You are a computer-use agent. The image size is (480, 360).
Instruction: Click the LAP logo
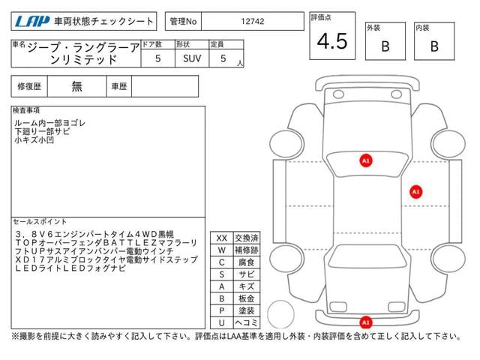point(32,22)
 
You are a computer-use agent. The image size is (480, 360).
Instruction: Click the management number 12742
point(253,22)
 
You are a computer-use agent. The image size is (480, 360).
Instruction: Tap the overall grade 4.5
point(332,41)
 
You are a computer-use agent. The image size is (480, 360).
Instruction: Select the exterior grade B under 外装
point(385,46)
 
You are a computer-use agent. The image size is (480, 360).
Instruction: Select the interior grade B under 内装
point(434,46)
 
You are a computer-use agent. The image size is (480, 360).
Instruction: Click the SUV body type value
point(192,58)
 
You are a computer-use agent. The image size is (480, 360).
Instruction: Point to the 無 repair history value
point(76,86)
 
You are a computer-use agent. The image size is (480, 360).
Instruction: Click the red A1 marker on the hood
point(366,160)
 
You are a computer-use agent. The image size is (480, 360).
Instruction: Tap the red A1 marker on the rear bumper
point(366,322)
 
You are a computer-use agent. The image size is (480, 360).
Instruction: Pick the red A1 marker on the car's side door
point(415,192)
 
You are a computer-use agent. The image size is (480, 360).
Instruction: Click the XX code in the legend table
point(222,238)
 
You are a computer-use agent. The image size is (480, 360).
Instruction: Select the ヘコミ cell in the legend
point(247,322)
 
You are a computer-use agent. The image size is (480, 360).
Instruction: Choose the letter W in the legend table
point(222,250)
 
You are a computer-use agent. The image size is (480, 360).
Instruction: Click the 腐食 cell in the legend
point(247,262)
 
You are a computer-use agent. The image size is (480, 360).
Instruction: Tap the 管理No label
point(183,22)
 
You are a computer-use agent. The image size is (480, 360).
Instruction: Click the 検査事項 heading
point(26,110)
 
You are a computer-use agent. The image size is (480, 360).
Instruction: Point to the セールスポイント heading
point(40,222)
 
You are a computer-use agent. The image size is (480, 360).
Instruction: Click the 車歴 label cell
point(119,86)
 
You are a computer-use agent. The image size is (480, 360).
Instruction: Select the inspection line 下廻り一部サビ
point(42,132)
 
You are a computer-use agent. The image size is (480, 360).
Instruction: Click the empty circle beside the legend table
point(280,301)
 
